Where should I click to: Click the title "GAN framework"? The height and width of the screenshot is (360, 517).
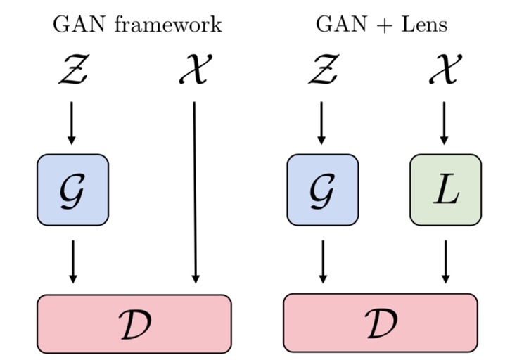point(138,25)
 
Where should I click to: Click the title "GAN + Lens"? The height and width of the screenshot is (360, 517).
point(382,25)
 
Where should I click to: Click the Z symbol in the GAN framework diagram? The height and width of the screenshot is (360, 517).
point(72,71)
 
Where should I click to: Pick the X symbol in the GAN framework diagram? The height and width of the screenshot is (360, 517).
point(193,71)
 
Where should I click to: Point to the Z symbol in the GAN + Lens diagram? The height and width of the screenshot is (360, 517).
point(322,71)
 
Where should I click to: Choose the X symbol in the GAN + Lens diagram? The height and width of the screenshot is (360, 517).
point(444,71)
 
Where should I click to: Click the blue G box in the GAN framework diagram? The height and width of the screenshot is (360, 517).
point(72,190)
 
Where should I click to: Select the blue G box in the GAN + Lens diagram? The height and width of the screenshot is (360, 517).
point(323,190)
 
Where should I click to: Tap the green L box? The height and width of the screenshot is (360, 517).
point(445,190)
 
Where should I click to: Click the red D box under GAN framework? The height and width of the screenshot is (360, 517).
point(134,323)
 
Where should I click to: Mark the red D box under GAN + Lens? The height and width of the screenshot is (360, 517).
point(381,323)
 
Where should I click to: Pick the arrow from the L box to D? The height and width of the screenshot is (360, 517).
point(445,262)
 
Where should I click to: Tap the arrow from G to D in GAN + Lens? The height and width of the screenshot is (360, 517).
point(323,262)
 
